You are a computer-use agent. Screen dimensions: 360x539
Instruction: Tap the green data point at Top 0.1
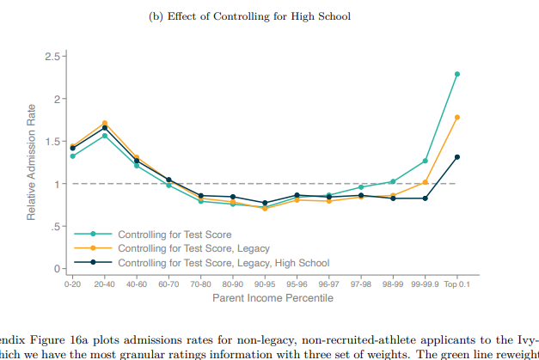pyautogui.click(x=456, y=74)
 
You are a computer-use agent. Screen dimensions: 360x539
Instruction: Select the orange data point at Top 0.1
pyautogui.click(x=456, y=117)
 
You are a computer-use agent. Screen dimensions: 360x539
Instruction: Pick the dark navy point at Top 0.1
pyautogui.click(x=456, y=157)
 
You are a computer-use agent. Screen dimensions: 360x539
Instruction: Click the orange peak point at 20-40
pyautogui.click(x=105, y=123)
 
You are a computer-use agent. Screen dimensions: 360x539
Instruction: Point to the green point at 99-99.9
pyautogui.click(x=425, y=161)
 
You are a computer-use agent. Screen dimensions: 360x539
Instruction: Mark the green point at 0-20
pyautogui.click(x=72, y=156)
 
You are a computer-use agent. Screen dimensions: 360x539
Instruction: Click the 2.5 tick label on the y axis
pyautogui.click(x=51, y=57)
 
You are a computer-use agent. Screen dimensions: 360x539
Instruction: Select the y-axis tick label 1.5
pyautogui.click(x=51, y=142)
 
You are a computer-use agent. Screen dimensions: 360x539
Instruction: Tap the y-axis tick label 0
pyautogui.click(x=55, y=269)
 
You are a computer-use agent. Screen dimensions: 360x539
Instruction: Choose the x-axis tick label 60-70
pyautogui.click(x=168, y=284)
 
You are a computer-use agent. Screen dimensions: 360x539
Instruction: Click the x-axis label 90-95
pyautogui.click(x=265, y=284)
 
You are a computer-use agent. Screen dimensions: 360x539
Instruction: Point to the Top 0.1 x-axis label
pyautogui.click(x=456, y=284)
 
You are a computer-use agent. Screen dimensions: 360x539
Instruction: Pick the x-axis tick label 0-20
pyautogui.click(x=72, y=284)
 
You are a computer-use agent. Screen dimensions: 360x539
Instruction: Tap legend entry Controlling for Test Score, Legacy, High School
pyautogui.click(x=224, y=262)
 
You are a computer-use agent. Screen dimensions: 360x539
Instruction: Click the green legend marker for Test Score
pyautogui.click(x=93, y=234)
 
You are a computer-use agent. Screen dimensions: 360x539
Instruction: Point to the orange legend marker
pyautogui.click(x=93, y=248)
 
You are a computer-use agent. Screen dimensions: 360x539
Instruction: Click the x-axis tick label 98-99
pyautogui.click(x=392, y=284)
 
